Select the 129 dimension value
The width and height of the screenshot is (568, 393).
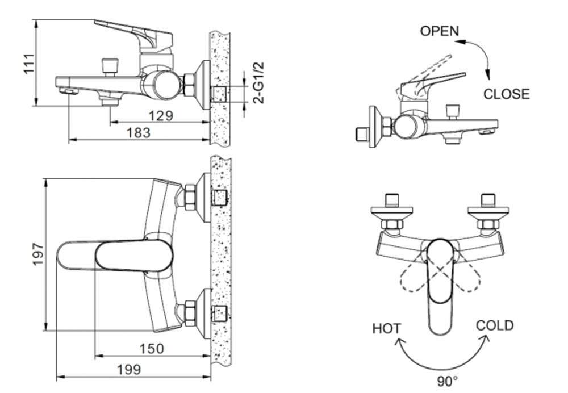(160, 116)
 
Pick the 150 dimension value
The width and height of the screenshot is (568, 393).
(152, 348)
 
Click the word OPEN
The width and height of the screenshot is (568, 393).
(439, 31)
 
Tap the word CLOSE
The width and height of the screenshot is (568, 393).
(506, 94)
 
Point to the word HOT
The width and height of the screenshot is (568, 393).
(386, 328)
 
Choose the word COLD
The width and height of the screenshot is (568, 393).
(494, 325)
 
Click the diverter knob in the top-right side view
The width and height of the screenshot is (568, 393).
(453, 111)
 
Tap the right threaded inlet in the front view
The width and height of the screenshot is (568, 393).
(487, 200)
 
